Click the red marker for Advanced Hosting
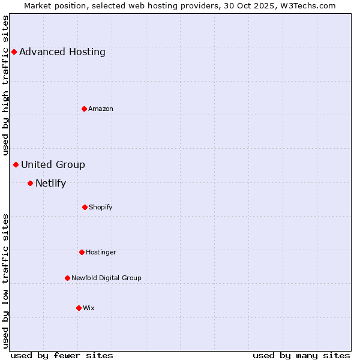tap(14, 52)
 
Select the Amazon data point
tap(84, 109)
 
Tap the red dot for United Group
tap(16, 164)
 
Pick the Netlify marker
tap(30, 183)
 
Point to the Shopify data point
tap(85, 207)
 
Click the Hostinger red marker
tap(82, 252)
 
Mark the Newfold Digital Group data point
tap(67, 278)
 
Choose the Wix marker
tap(79, 308)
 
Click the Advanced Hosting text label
tap(62, 52)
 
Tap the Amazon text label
tap(101, 109)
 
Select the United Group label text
tap(53, 164)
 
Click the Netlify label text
tap(50, 183)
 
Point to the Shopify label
tap(101, 207)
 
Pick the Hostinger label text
tap(101, 252)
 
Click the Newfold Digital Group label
tap(106, 278)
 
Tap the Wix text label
tap(89, 308)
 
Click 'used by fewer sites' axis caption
tap(62, 355)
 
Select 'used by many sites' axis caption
tap(301, 355)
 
